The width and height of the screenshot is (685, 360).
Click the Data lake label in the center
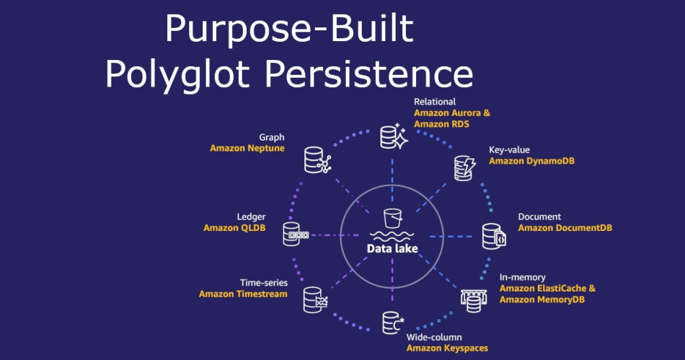392,249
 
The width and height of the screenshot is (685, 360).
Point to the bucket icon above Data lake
393,218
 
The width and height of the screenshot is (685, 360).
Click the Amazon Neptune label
247,148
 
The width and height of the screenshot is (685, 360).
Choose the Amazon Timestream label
243,294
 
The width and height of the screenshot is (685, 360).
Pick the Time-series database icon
316,298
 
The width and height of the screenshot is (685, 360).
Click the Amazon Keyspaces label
447,348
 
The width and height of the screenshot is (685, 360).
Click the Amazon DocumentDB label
565,228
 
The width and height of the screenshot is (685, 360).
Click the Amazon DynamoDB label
532,161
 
